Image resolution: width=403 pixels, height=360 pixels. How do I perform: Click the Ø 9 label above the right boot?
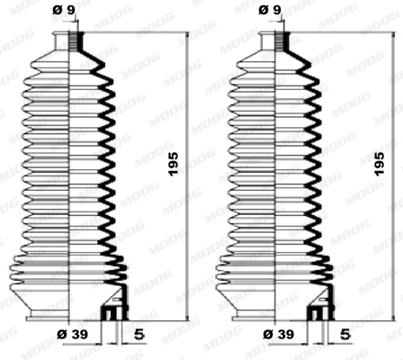point(269,11)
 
